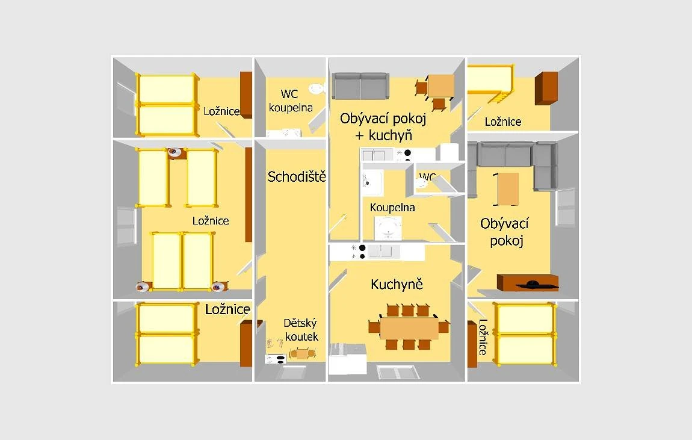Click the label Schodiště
click(x=297, y=176)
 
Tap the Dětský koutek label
click(x=301, y=330)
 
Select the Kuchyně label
click(x=397, y=284)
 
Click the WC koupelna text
click(x=291, y=101)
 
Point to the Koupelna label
click(x=392, y=208)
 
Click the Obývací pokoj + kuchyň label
click(x=383, y=126)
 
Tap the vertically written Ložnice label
click(x=483, y=336)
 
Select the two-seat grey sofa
click(x=360, y=85)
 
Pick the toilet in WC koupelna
click(x=317, y=88)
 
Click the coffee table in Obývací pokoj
click(x=507, y=189)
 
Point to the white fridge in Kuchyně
click(x=348, y=359)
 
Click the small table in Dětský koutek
click(x=303, y=353)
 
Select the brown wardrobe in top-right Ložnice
click(x=546, y=88)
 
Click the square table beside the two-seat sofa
click(x=441, y=85)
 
